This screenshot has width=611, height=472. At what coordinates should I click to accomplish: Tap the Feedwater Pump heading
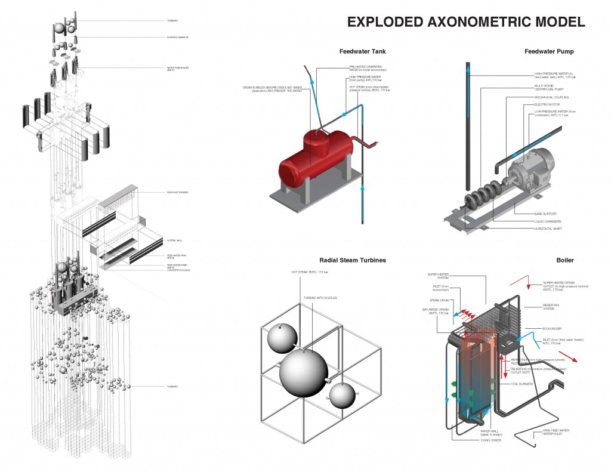[x=549, y=51]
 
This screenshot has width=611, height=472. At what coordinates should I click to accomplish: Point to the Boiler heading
[x=564, y=260]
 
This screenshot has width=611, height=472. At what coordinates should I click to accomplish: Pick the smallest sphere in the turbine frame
[x=342, y=396]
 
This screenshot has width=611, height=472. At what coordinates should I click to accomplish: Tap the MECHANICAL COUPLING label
[x=551, y=96]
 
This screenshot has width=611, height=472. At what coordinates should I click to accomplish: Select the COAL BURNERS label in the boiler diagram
[x=521, y=384]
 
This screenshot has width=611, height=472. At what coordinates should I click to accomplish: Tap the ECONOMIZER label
[x=552, y=327]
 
